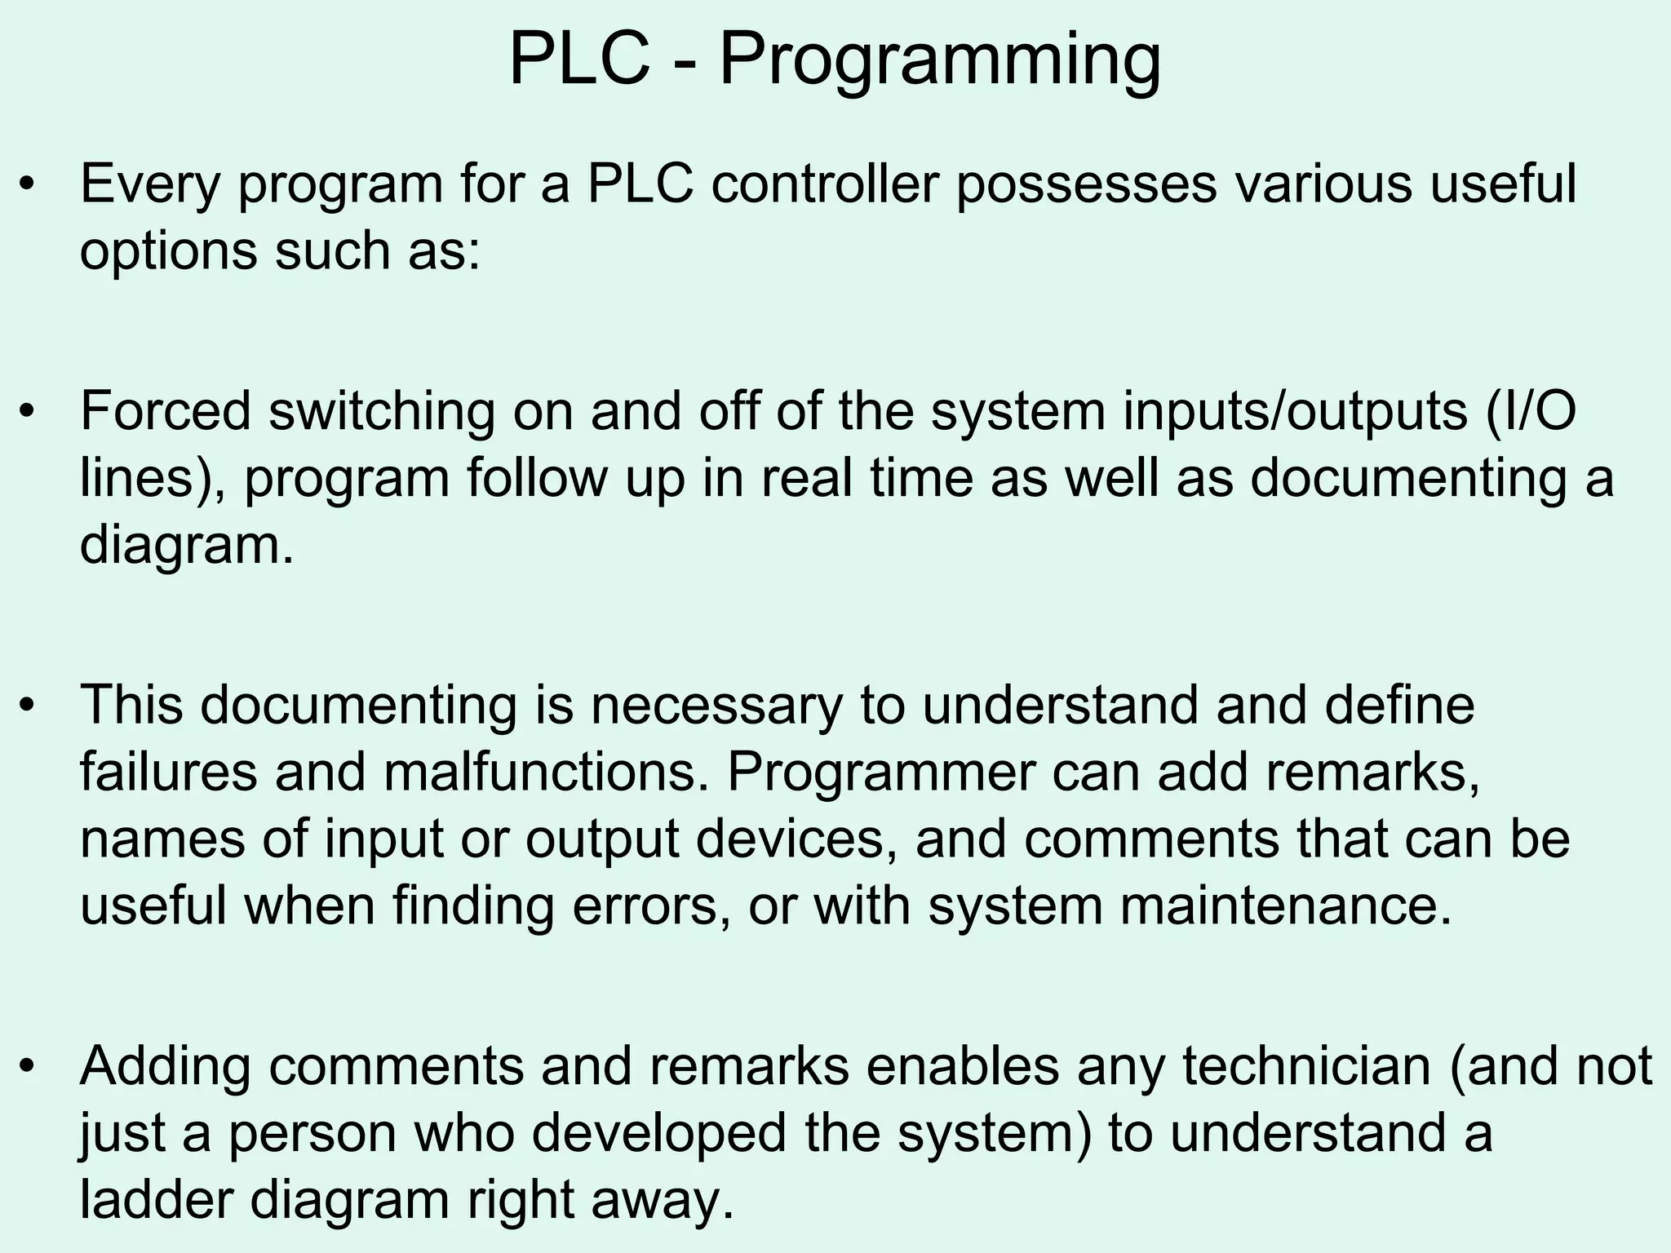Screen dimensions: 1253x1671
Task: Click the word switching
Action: pyautogui.click(x=382, y=412)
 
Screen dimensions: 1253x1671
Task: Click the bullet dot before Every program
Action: pyautogui.click(x=29, y=185)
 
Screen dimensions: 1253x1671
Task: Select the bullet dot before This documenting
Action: pyautogui.click(x=29, y=706)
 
